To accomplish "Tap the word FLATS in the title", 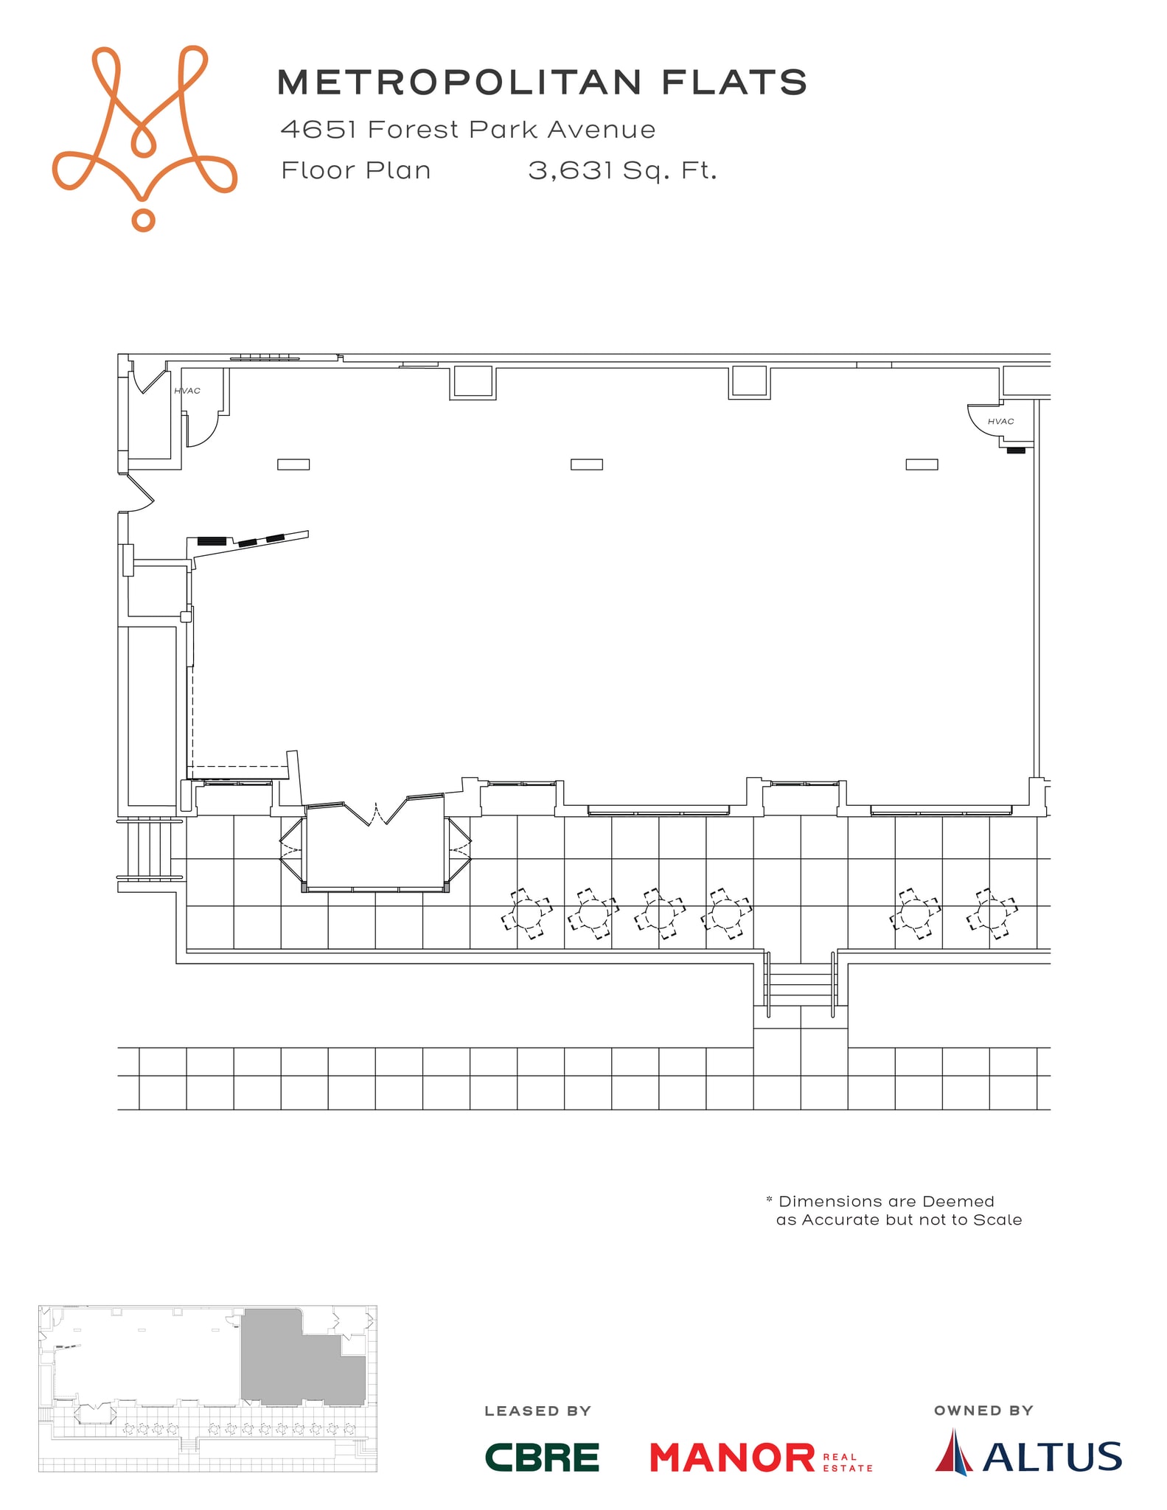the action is (x=734, y=82).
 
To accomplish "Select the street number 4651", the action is (x=318, y=130).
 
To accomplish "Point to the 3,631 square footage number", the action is (x=570, y=171).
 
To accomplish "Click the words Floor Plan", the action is (x=356, y=170).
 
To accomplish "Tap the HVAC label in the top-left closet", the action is (x=187, y=391).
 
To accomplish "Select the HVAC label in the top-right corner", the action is (x=1000, y=422).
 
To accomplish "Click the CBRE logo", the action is (x=542, y=1457).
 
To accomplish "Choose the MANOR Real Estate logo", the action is (x=761, y=1458).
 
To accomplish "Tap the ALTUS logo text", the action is (x=1052, y=1456).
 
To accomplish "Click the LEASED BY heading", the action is (x=537, y=1411).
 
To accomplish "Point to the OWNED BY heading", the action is (x=983, y=1410).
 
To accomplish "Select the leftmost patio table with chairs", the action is (x=526, y=914).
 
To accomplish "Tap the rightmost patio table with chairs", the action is (x=992, y=914).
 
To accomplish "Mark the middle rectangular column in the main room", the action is (x=587, y=465).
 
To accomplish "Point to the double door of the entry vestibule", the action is (x=377, y=814).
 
